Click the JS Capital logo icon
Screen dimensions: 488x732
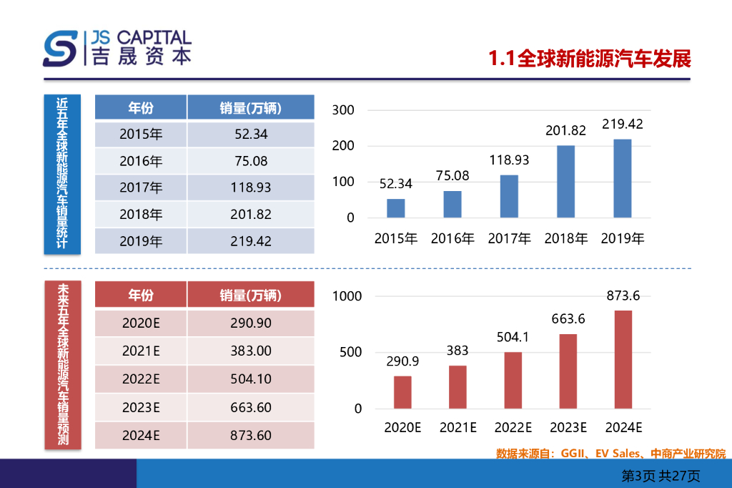61,48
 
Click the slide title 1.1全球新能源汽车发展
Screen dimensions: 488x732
590,59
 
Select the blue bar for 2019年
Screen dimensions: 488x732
623,178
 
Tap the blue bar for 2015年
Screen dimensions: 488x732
396,208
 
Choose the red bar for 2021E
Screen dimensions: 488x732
457,387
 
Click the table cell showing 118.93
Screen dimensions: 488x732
250,187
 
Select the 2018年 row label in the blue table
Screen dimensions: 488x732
141,214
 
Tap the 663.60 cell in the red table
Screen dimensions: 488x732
250,407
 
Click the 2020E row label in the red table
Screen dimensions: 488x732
141,323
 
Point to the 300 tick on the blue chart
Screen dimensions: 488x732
344,110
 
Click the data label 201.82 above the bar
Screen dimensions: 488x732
565,130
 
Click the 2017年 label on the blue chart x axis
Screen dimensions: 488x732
509,239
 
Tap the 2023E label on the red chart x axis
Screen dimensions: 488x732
568,428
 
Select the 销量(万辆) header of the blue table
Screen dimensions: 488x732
250,108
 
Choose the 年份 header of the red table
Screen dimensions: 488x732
141,294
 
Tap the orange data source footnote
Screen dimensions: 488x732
610,454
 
